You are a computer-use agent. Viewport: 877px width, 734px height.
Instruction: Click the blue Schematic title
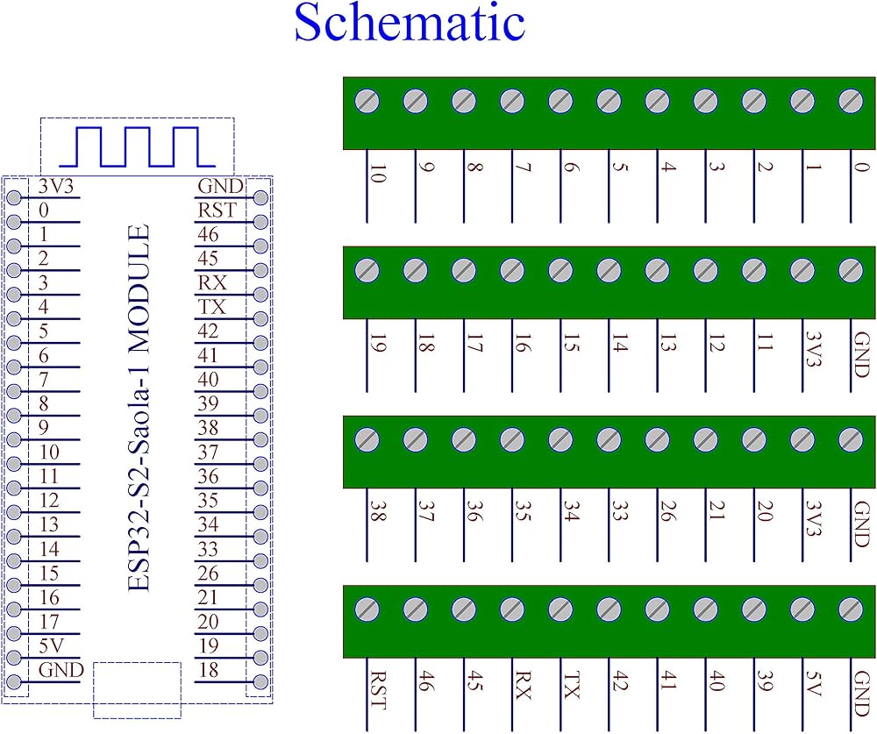(x=410, y=25)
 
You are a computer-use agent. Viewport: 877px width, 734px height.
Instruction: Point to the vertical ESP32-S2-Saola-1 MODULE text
(x=139, y=408)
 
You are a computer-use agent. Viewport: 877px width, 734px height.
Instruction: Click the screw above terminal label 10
(x=367, y=102)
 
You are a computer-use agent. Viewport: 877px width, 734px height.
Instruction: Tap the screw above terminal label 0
(x=850, y=102)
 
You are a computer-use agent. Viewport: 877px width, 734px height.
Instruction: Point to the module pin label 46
(x=209, y=235)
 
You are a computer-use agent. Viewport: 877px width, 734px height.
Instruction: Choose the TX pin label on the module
(x=211, y=307)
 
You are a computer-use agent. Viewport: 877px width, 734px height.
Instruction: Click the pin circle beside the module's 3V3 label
(x=14, y=197)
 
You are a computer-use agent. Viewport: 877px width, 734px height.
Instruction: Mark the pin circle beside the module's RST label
(x=260, y=222)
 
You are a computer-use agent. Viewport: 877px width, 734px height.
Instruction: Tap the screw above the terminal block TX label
(x=560, y=608)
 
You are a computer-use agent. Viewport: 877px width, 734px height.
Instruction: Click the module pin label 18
(x=209, y=669)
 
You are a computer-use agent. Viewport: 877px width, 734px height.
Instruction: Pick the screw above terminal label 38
(x=367, y=438)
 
